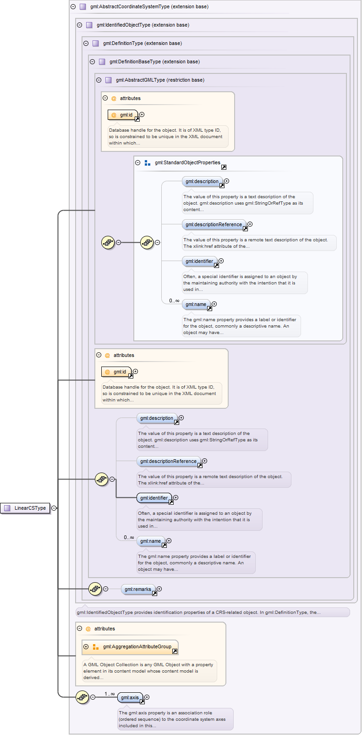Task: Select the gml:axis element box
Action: [x=130, y=697]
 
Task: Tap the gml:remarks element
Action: [x=137, y=589]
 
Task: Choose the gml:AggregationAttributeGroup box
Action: [x=137, y=646]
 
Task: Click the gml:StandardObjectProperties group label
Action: [x=187, y=162]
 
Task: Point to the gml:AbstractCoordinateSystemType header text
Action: [x=149, y=6]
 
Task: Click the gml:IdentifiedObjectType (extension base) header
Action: [x=143, y=25]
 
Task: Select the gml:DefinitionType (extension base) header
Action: [x=142, y=43]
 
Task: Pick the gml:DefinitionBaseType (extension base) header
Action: [x=154, y=61]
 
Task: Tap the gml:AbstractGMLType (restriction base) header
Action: [x=160, y=80]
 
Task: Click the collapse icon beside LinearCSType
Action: [x=54, y=508]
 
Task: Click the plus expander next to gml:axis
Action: [x=147, y=697]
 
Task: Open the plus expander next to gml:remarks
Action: [x=159, y=589]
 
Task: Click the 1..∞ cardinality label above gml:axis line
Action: [x=110, y=694]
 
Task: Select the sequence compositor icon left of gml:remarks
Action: [x=95, y=589]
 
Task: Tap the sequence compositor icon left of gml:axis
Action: [x=82, y=697]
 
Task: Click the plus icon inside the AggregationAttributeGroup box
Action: [x=86, y=646]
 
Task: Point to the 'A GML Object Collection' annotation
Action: [x=148, y=671]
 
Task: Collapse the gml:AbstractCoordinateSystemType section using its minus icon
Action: [x=73, y=6]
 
